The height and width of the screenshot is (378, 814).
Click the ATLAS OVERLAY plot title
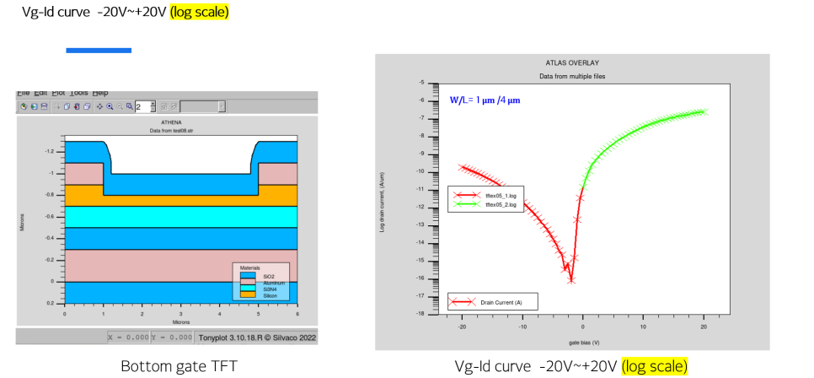pos(572,63)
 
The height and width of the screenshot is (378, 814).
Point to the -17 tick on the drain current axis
pos(420,295)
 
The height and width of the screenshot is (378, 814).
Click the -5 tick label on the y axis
pos(420,83)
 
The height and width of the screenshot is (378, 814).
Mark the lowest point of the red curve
pos(571,280)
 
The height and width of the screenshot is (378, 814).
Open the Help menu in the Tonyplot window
pos(100,92)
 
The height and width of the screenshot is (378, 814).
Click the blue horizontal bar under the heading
pos(99,51)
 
